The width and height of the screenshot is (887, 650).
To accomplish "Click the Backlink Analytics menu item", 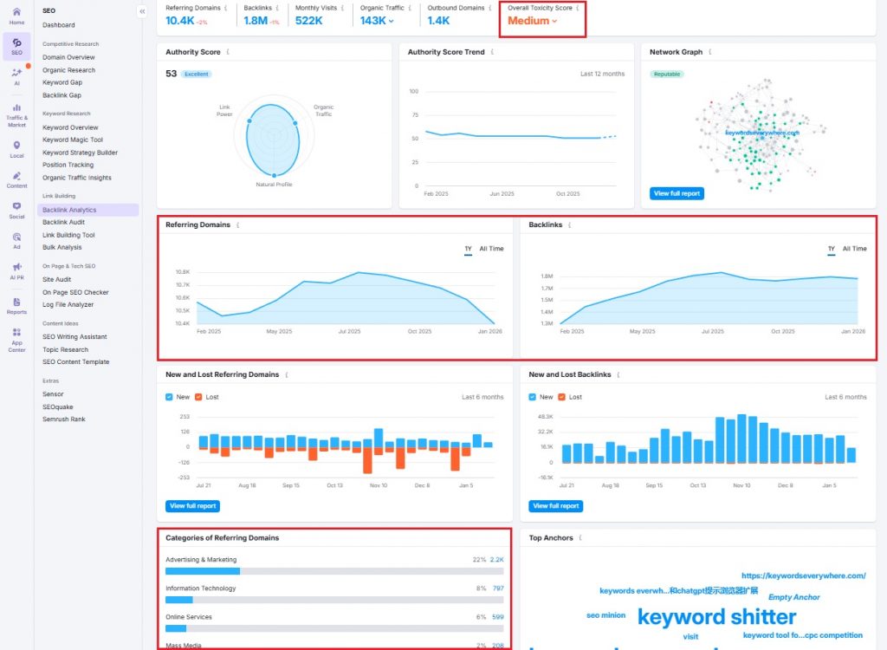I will [69, 210].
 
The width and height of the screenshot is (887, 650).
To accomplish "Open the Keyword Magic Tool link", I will [73, 140].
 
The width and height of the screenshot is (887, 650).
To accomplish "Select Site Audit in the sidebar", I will [57, 279].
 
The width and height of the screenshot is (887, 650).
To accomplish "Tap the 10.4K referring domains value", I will [180, 21].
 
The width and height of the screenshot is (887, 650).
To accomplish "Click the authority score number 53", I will [171, 74].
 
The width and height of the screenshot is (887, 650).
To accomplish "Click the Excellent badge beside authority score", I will [196, 75].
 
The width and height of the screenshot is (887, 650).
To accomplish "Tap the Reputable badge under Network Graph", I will [666, 75].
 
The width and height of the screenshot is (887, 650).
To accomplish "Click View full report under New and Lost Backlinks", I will [556, 506].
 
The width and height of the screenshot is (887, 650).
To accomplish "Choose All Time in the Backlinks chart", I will [854, 249].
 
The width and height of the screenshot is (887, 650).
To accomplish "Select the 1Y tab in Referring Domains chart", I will [468, 249].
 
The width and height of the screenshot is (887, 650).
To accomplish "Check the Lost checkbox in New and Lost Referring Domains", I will [199, 397].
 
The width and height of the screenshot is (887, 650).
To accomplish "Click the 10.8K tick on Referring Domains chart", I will [183, 272].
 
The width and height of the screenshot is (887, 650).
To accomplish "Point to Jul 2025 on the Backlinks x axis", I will [712, 331].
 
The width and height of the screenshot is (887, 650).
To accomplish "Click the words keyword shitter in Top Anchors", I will [716, 617].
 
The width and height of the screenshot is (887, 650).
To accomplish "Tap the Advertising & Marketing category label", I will [201, 560].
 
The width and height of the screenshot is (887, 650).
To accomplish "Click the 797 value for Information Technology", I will [498, 588].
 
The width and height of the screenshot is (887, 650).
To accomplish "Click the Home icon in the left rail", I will [16, 15].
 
